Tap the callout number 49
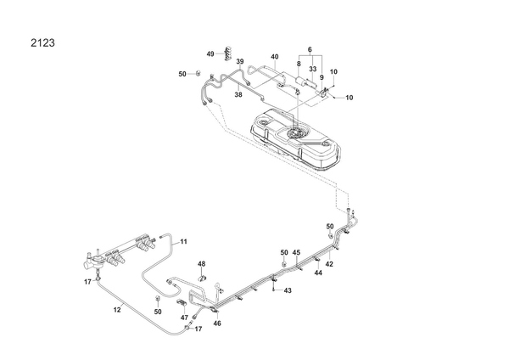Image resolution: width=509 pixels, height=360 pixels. click(x=210, y=53)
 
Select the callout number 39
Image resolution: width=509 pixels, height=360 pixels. click(x=240, y=62)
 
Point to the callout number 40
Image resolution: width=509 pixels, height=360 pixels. click(x=275, y=57)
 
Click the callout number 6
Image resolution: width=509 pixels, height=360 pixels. click(x=310, y=49)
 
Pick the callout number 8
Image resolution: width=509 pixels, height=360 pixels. click(x=299, y=64)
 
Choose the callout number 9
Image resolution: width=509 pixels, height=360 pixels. click(x=322, y=76)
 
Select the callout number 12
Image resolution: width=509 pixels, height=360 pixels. click(x=118, y=311)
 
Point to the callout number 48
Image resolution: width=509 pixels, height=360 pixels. click(x=202, y=264)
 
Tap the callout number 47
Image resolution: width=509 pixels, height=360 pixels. click(x=183, y=317)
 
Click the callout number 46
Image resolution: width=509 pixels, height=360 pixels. click(x=216, y=323)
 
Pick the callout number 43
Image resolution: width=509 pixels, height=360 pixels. click(x=288, y=291)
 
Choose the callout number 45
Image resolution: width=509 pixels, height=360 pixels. click(x=296, y=253)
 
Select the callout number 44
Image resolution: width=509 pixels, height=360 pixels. click(x=318, y=273)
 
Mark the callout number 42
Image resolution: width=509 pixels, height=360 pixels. click(x=329, y=264)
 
